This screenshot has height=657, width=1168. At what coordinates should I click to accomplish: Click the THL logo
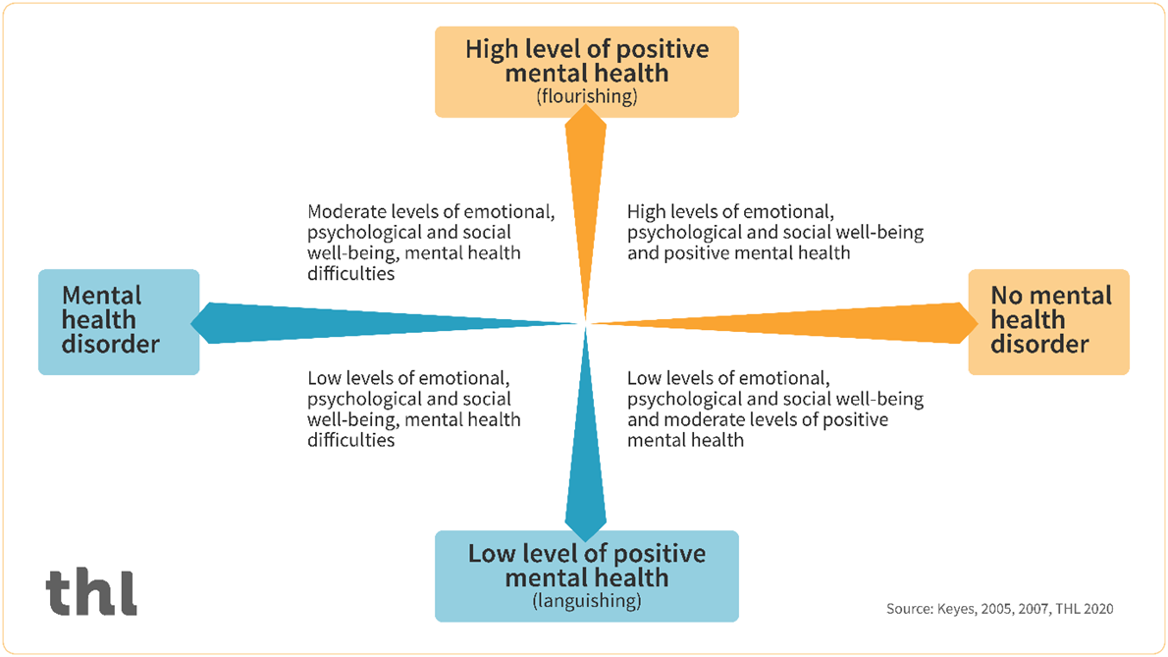pos(90,591)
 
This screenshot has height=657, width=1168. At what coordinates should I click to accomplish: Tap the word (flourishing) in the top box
pos(587,96)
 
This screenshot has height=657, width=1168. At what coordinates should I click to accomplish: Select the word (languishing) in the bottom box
pos(587,601)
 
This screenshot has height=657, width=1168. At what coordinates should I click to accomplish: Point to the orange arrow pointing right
pos(785,321)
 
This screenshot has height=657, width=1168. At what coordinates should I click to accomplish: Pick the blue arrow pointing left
pos(383,321)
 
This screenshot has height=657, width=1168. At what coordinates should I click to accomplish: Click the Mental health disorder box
pos(119,321)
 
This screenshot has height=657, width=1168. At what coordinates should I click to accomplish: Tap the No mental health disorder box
pos(1048,321)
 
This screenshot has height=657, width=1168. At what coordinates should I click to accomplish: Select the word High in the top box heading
pos(494,49)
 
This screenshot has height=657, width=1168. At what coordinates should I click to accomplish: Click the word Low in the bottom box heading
pos(492,553)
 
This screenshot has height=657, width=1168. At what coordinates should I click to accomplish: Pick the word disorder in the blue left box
pos(110,345)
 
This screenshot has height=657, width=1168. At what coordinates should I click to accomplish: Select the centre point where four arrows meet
pos(586,322)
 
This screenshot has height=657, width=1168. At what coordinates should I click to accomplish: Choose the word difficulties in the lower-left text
pos(350,441)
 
